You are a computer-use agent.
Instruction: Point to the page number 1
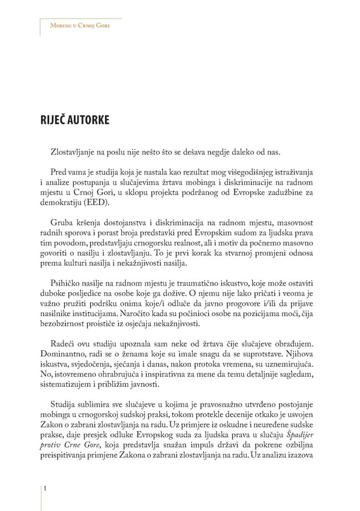(x=46, y=490)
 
